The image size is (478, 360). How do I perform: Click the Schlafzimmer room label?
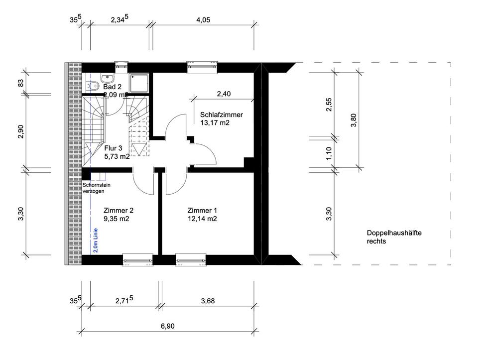221,115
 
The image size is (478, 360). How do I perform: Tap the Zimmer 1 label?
202,210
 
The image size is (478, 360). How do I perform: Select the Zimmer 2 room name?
119,210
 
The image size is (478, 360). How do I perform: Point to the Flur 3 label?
113,148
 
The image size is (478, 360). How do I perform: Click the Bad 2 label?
112,87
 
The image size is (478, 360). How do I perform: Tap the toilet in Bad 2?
93,86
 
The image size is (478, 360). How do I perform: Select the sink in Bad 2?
108,78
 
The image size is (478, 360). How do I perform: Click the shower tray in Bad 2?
139,83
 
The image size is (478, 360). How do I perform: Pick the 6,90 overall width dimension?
168,326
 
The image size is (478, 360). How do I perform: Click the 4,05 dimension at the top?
203,20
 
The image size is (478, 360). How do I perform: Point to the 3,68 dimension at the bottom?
208,301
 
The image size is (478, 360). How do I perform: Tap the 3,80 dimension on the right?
354,120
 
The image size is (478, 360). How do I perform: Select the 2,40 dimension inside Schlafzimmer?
224,94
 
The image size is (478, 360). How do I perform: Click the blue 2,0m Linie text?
96,240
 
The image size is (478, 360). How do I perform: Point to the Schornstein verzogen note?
96,188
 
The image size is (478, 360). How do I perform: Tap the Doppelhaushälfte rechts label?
394,237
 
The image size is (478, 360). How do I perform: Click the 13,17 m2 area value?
215,123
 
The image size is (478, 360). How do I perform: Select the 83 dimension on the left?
21,83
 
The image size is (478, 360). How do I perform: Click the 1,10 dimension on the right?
329,153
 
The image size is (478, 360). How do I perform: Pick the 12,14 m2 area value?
202,219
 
